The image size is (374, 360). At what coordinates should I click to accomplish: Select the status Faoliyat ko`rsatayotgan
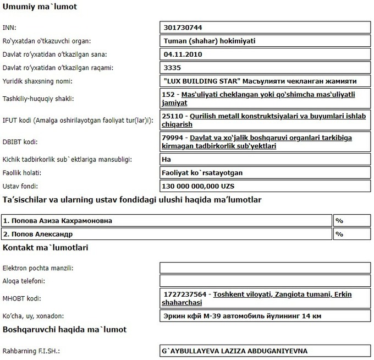click(x=203, y=173)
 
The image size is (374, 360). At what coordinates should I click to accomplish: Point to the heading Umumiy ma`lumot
click(x=40, y=8)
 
